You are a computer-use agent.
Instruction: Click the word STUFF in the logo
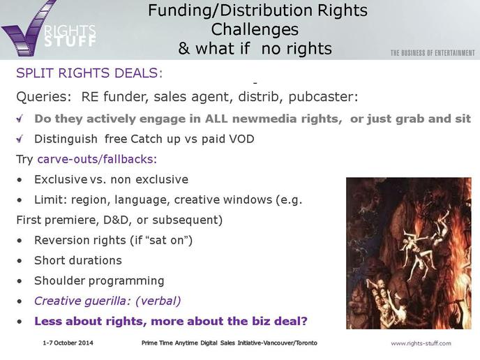click(70, 41)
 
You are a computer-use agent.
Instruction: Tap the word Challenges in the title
click(255, 30)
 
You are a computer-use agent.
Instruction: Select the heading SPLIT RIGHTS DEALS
click(89, 73)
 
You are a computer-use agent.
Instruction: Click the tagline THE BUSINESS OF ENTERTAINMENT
click(433, 53)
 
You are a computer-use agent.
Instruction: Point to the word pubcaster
click(323, 97)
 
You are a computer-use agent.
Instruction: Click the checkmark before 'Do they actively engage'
click(20, 119)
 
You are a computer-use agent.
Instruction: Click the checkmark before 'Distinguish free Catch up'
click(20, 139)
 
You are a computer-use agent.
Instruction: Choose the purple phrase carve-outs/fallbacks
click(97, 159)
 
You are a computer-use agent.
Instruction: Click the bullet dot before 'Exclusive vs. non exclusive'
click(20, 180)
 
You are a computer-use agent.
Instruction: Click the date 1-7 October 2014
click(68, 343)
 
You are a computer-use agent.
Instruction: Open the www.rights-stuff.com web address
click(421, 343)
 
